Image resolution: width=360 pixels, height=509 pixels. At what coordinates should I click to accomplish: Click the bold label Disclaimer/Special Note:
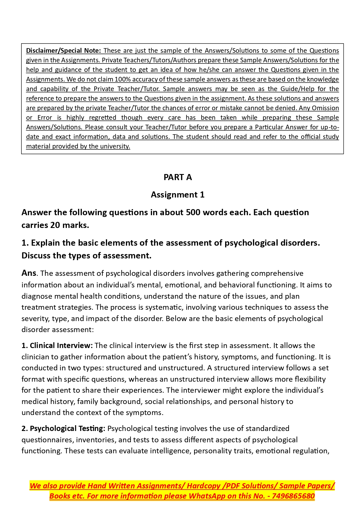coord(64,50)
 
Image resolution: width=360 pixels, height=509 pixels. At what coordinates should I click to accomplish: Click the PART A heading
coord(178,177)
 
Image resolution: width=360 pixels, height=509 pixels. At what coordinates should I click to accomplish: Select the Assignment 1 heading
coord(178,195)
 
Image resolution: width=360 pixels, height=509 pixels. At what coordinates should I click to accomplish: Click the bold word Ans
coord(29,273)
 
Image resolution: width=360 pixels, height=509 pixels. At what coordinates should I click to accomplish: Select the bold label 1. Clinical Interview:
coord(57,346)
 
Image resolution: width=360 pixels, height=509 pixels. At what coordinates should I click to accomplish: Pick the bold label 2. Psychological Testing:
coord(63,429)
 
